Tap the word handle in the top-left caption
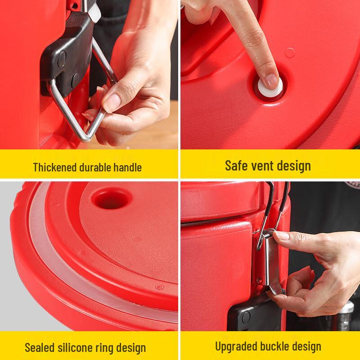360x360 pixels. click(127, 167)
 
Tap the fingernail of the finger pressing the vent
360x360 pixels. click(272, 81)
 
